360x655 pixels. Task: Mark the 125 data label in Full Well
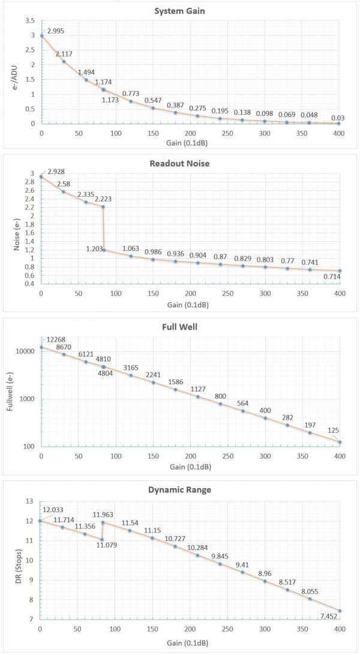click(334, 430)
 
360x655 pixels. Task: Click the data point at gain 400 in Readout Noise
click(340, 271)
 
